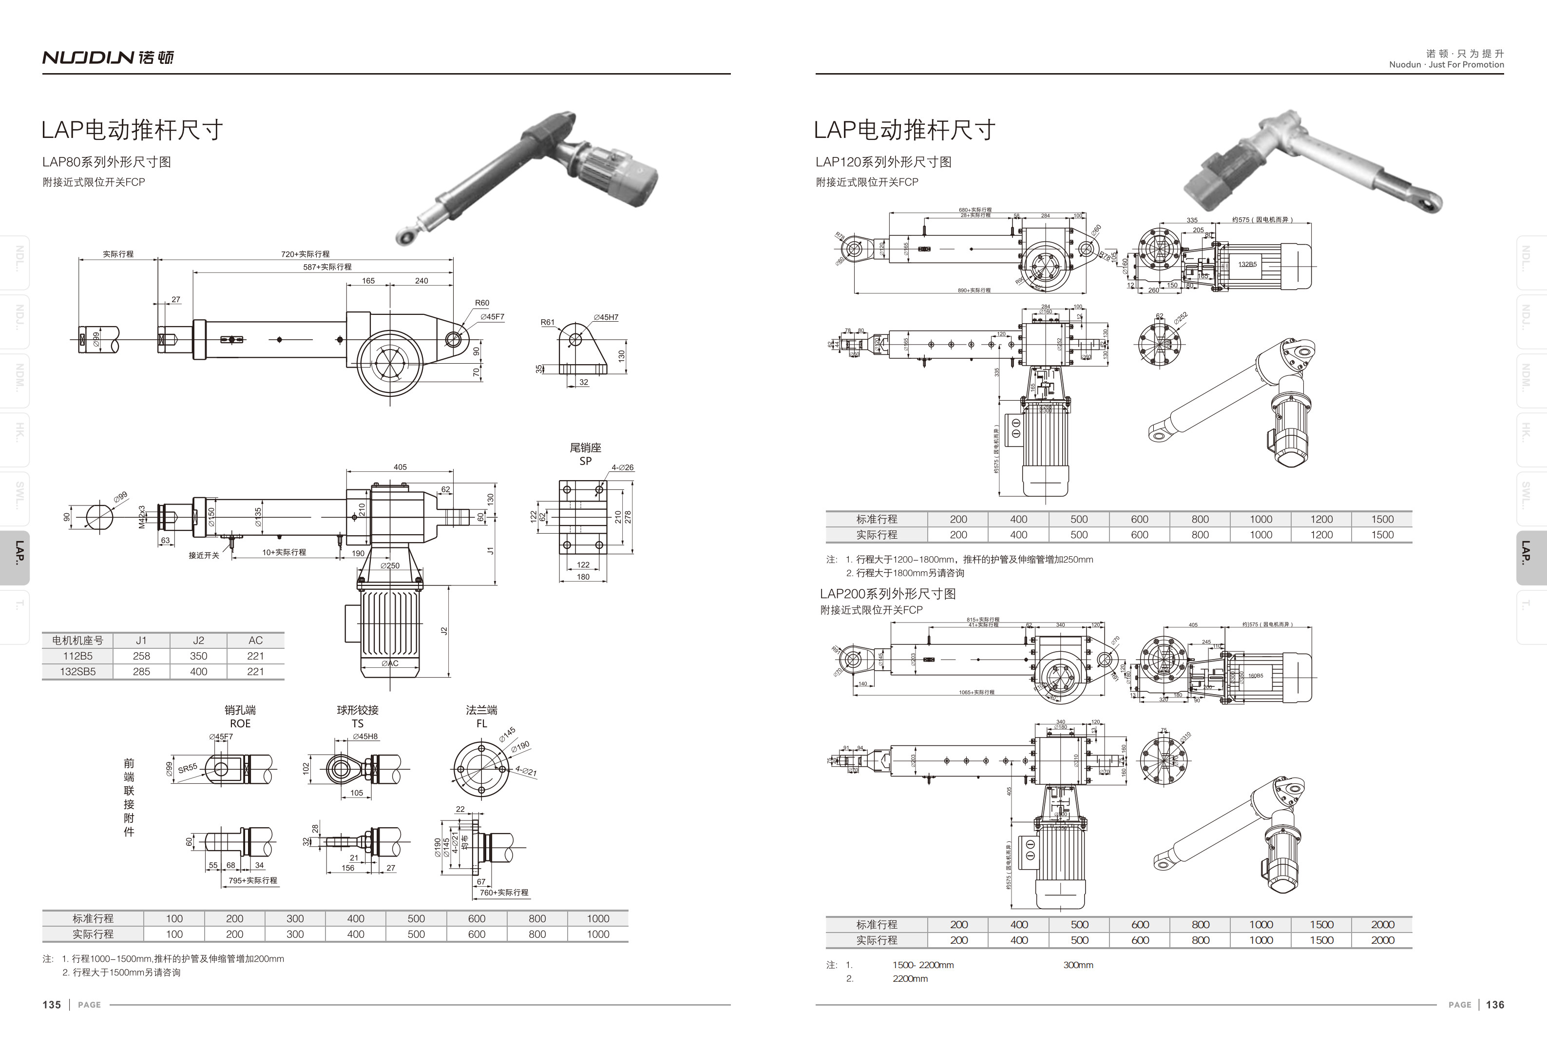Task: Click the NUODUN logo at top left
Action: coord(108,58)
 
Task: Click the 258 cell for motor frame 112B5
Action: coord(141,656)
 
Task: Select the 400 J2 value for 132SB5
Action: coord(198,671)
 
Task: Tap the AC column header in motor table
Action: coord(256,641)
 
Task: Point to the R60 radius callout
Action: coord(482,303)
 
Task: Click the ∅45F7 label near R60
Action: coord(493,317)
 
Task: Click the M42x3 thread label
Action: coord(142,517)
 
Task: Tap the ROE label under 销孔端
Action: coord(240,724)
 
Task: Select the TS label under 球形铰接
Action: coord(358,724)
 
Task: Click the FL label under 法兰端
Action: coord(482,724)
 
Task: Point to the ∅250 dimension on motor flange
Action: coord(390,566)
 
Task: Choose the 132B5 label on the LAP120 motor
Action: coord(1247,264)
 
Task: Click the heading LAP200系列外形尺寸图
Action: coord(887,594)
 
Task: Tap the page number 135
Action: coord(52,1005)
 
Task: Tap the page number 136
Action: coord(1495,1005)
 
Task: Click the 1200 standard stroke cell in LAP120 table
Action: coord(1321,519)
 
